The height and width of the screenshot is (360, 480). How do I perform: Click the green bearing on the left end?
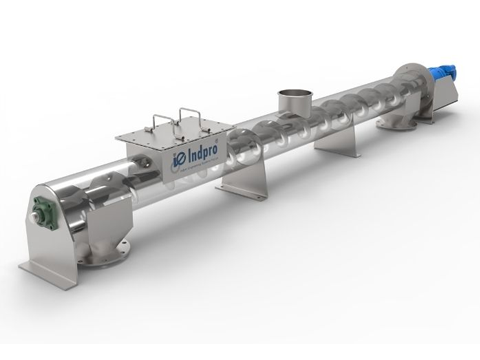point(45,212)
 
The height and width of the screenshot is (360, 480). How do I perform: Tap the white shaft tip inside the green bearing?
point(36,217)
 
